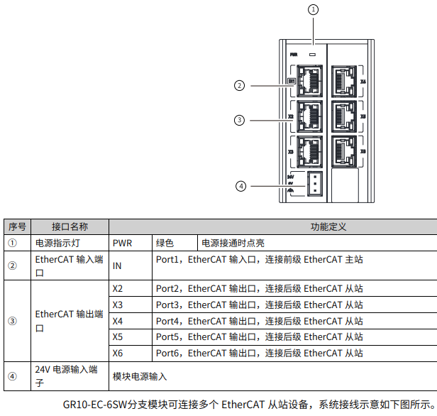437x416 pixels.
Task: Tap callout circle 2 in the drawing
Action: tap(240, 86)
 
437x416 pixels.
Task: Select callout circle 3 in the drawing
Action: tap(240, 120)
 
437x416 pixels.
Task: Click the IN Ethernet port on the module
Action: tap(308, 82)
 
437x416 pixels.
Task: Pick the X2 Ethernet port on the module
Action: tap(308, 116)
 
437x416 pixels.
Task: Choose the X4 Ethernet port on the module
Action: tap(345, 82)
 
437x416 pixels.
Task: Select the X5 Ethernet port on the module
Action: tap(345, 116)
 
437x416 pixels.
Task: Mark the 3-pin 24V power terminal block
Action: tap(314, 182)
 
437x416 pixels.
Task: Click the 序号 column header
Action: tap(17, 226)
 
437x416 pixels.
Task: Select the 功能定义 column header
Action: tap(328, 226)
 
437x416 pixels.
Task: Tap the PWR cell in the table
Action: tap(122, 243)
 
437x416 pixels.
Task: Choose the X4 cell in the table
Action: tap(118, 321)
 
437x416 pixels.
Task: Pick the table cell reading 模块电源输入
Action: tap(140, 376)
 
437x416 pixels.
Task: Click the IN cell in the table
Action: tap(117, 266)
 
